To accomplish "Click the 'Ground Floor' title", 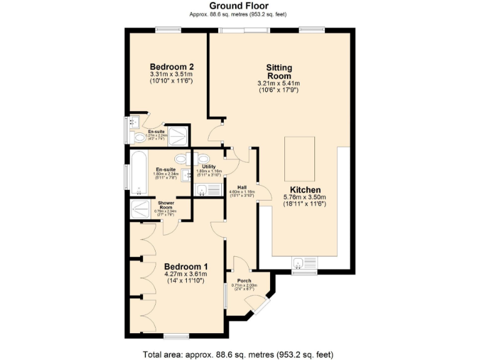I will [x=239, y=6].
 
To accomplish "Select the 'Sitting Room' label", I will [x=279, y=71].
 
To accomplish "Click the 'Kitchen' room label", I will [x=305, y=189].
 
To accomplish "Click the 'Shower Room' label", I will [x=165, y=205].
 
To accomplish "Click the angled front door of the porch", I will [x=257, y=303].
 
